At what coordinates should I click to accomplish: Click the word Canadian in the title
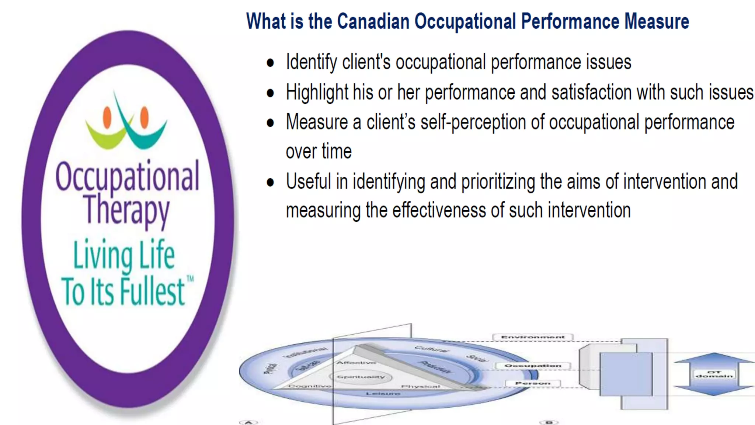373,21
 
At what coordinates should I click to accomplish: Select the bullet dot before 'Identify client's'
271,63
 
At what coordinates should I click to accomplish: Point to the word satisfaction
591,92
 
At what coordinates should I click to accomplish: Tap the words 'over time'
319,152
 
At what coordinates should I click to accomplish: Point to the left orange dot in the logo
107,117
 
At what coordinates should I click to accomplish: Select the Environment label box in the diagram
533,337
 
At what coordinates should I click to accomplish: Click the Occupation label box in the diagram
533,366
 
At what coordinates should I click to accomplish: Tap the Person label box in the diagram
533,384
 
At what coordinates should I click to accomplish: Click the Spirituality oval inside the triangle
361,377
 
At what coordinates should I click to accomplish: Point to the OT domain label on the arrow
714,374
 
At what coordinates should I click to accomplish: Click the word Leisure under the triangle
383,394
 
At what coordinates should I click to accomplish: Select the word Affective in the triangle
356,363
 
